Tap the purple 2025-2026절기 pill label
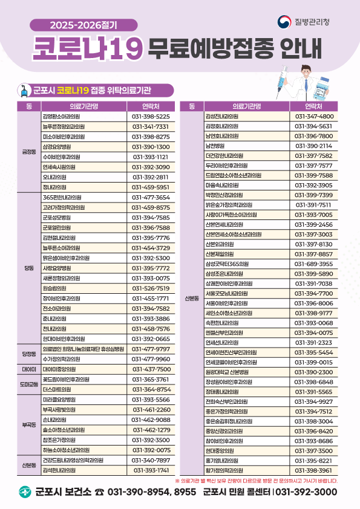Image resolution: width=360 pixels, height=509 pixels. [83, 25]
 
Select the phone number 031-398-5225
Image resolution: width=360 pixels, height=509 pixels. [150, 116]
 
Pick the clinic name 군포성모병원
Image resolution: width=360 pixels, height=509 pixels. [57, 217]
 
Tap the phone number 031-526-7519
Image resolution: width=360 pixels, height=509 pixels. [150, 288]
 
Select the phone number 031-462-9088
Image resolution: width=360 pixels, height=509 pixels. [150, 420]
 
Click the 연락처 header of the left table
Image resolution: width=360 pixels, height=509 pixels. [150, 106]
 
